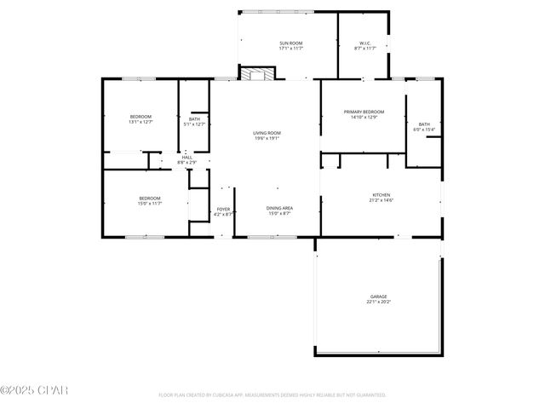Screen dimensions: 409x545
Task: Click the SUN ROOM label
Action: point(291,43)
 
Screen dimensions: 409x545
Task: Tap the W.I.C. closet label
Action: point(364,43)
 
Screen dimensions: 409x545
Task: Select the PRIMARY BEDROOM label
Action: point(364,112)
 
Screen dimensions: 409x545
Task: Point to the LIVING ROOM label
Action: point(267,133)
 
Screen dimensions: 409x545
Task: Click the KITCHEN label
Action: point(381,194)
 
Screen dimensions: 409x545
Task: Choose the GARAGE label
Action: point(378,297)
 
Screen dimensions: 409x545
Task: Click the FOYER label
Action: point(223,209)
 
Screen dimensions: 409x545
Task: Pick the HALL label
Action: point(186,157)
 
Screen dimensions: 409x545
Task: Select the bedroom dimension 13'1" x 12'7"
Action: point(141,122)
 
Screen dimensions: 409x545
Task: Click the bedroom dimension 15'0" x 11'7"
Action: point(149,204)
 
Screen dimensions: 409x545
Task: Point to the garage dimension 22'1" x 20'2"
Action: point(378,302)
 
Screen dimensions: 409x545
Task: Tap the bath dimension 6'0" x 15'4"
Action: point(423,130)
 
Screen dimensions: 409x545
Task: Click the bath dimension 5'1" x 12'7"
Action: point(195,124)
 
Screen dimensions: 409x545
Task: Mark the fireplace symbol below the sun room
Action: point(253,74)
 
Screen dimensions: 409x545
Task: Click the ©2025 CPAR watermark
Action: point(34,390)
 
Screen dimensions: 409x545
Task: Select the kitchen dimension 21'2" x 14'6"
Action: point(381,200)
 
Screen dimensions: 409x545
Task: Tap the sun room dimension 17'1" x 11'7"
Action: point(291,49)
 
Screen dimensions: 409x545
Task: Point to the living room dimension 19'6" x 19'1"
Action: point(267,139)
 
